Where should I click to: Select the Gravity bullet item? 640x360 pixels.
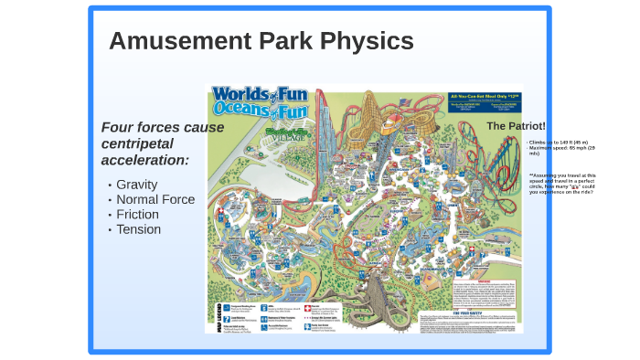click(x=137, y=185)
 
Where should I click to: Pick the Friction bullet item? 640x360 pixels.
click(x=137, y=214)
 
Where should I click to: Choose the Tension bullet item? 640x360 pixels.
click(x=138, y=229)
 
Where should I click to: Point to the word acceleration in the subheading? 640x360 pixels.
click(x=145, y=160)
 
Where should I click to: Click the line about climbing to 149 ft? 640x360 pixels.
click(x=558, y=143)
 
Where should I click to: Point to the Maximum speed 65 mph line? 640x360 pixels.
click(x=560, y=149)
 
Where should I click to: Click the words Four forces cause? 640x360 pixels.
click(x=163, y=127)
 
